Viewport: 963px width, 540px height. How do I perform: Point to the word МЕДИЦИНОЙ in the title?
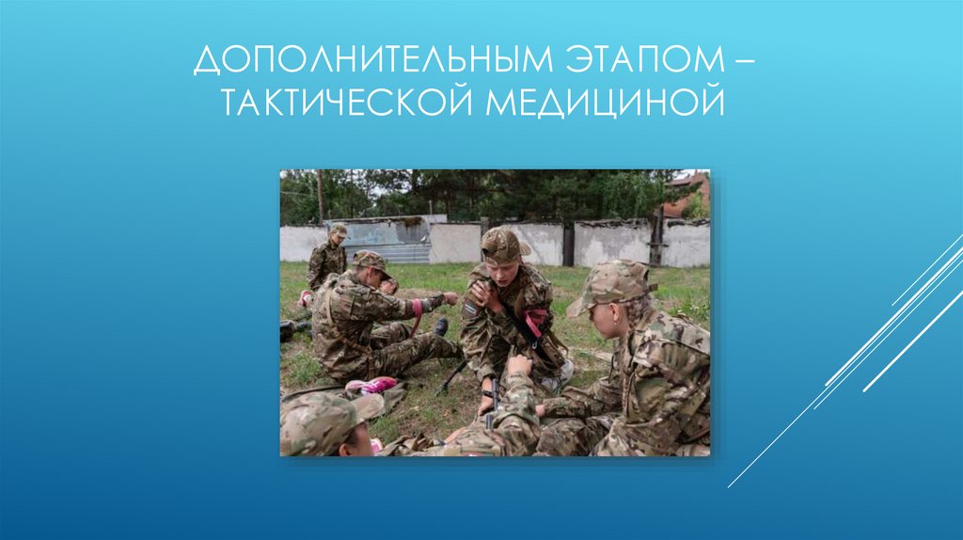(x=606, y=102)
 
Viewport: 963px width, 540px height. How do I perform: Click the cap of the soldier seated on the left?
(x=370, y=261)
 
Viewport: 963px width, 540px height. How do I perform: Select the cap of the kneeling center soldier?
(x=502, y=245)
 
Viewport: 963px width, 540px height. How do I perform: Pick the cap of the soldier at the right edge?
(x=610, y=284)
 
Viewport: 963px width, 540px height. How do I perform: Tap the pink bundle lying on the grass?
(x=372, y=385)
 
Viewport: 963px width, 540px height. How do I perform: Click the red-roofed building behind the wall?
(x=687, y=193)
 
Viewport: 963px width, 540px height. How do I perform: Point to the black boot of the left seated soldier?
(x=440, y=326)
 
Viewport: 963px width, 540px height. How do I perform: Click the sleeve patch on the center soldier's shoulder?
(x=470, y=307)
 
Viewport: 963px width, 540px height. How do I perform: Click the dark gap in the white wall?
(x=568, y=244)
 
